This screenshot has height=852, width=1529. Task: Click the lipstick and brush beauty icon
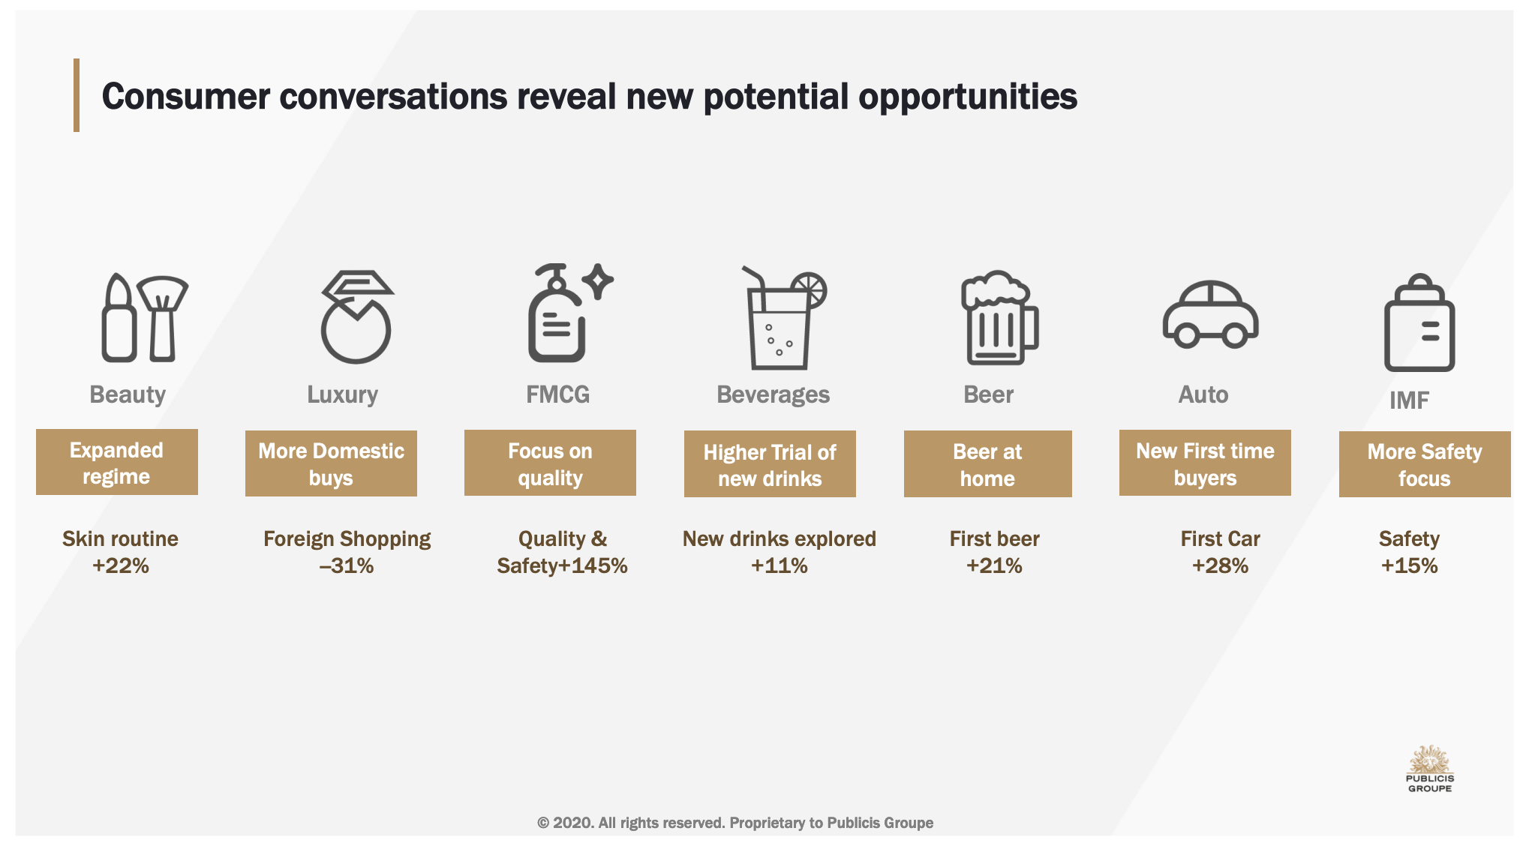[145, 318]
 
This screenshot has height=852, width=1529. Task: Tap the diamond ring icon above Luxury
[356, 317]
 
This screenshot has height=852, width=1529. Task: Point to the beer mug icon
[999, 318]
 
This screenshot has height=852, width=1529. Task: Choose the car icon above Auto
[1210, 314]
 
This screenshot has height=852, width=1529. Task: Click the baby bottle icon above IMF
[1419, 323]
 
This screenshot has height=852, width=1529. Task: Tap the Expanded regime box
[117, 462]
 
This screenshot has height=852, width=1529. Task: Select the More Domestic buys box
[331, 463]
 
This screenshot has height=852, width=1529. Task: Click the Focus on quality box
[550, 463]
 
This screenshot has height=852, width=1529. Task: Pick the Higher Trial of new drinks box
[770, 464]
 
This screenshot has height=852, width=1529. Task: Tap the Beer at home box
[987, 464]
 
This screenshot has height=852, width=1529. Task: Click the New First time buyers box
[1205, 463]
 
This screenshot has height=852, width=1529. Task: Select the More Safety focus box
[1425, 464]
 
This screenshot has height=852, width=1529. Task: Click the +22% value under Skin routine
[121, 565]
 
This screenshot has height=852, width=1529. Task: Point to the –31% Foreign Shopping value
[347, 565]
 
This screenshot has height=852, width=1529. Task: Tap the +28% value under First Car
[1220, 565]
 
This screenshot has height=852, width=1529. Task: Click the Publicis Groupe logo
[1430, 769]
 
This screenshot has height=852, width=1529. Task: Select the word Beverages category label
[774, 394]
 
